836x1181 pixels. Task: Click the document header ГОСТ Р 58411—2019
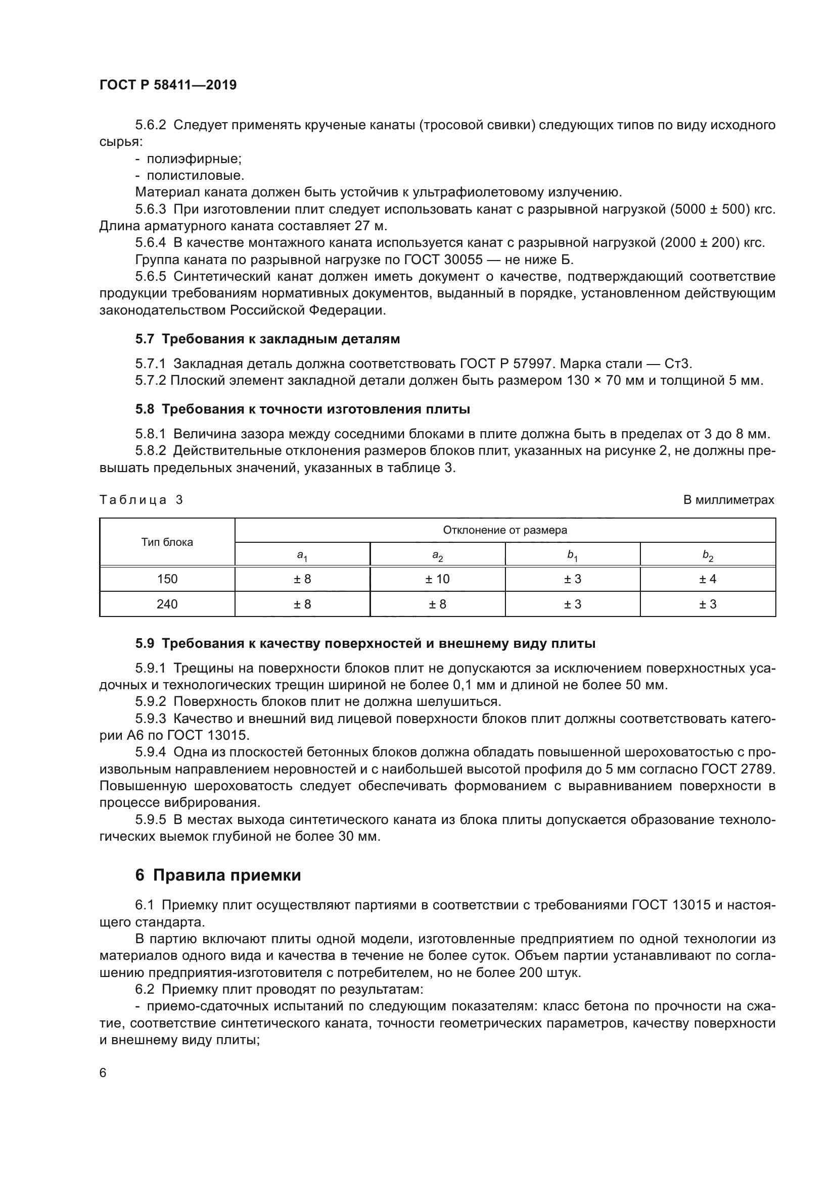click(x=168, y=85)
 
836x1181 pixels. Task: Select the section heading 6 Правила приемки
click(x=218, y=875)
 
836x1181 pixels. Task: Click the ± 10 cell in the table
click(x=437, y=579)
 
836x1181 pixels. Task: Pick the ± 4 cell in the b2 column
click(x=707, y=579)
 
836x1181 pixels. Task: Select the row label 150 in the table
click(x=167, y=579)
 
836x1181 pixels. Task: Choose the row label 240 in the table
click(x=167, y=604)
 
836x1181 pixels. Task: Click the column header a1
click(x=302, y=555)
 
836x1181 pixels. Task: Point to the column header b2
click(x=708, y=555)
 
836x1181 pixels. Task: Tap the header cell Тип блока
click(x=167, y=542)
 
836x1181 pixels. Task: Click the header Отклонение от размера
click(x=504, y=530)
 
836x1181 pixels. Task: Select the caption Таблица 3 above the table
click(x=141, y=500)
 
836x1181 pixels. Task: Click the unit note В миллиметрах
click(x=728, y=500)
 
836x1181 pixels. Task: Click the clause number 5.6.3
click(x=150, y=210)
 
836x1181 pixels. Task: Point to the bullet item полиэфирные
click(x=194, y=159)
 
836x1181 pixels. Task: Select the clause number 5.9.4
click(x=150, y=752)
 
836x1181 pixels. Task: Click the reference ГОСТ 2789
click(x=738, y=769)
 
